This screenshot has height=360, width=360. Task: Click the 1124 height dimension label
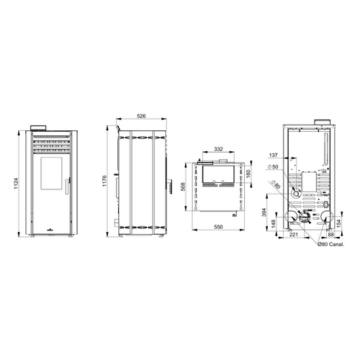click(x=16, y=184)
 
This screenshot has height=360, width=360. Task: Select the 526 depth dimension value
click(x=141, y=116)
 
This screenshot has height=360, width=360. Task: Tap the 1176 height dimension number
click(x=104, y=181)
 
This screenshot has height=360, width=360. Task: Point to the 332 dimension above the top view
click(x=218, y=149)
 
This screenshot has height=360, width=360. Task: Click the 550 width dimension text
click(x=218, y=227)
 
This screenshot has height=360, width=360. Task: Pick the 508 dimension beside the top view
click(x=183, y=186)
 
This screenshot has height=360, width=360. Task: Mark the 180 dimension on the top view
click(x=248, y=174)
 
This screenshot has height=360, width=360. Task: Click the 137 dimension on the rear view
click(x=273, y=155)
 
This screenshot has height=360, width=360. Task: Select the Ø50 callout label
click(x=273, y=166)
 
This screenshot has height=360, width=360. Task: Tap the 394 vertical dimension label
click(x=264, y=212)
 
